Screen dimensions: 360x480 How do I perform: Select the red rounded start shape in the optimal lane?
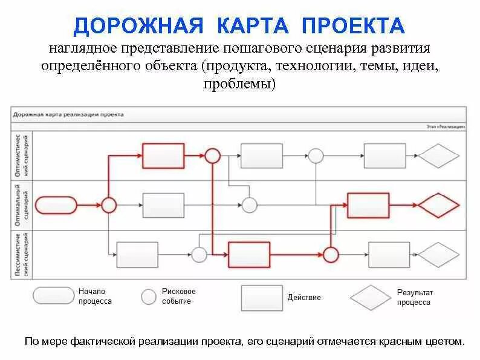(x=59, y=205)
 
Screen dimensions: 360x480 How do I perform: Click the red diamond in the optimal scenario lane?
(x=439, y=205)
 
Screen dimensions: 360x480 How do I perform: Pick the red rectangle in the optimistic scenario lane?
(x=163, y=155)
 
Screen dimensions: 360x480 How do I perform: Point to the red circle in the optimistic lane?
(x=212, y=155)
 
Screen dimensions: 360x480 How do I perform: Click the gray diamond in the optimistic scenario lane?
(x=439, y=155)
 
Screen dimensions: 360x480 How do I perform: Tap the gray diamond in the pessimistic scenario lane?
(x=439, y=254)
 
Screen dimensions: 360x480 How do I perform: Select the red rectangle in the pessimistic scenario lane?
(x=248, y=254)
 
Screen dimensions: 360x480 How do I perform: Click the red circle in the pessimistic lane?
(x=330, y=254)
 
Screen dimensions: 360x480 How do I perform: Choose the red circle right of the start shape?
(x=108, y=205)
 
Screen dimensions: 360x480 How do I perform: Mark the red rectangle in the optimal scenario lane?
(x=368, y=205)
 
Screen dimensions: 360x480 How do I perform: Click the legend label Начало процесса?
(x=95, y=296)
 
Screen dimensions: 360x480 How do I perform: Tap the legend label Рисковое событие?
(x=179, y=296)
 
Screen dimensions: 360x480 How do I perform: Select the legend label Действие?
(x=304, y=297)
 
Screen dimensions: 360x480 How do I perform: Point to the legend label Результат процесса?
(x=415, y=297)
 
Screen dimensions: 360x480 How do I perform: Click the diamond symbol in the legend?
(x=371, y=297)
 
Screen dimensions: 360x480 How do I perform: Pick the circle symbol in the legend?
(x=149, y=296)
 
